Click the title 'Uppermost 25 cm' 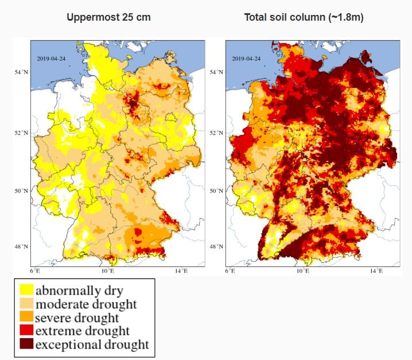[108, 17]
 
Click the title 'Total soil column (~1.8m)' [304, 17]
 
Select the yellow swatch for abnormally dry [25, 290]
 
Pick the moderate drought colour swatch [25, 304]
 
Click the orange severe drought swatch [25, 318]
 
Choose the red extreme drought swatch [25, 331]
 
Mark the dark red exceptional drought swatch [25, 345]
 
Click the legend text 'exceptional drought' [92, 345]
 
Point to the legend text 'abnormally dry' [79, 290]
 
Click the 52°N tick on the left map [22, 133]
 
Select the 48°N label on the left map [22, 247]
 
